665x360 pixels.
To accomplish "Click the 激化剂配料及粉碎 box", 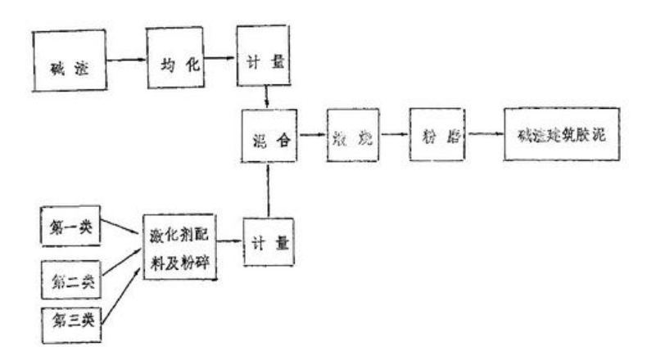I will pyautogui.click(x=179, y=245).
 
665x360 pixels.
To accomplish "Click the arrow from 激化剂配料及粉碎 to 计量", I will pyautogui.click(x=228, y=242).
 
